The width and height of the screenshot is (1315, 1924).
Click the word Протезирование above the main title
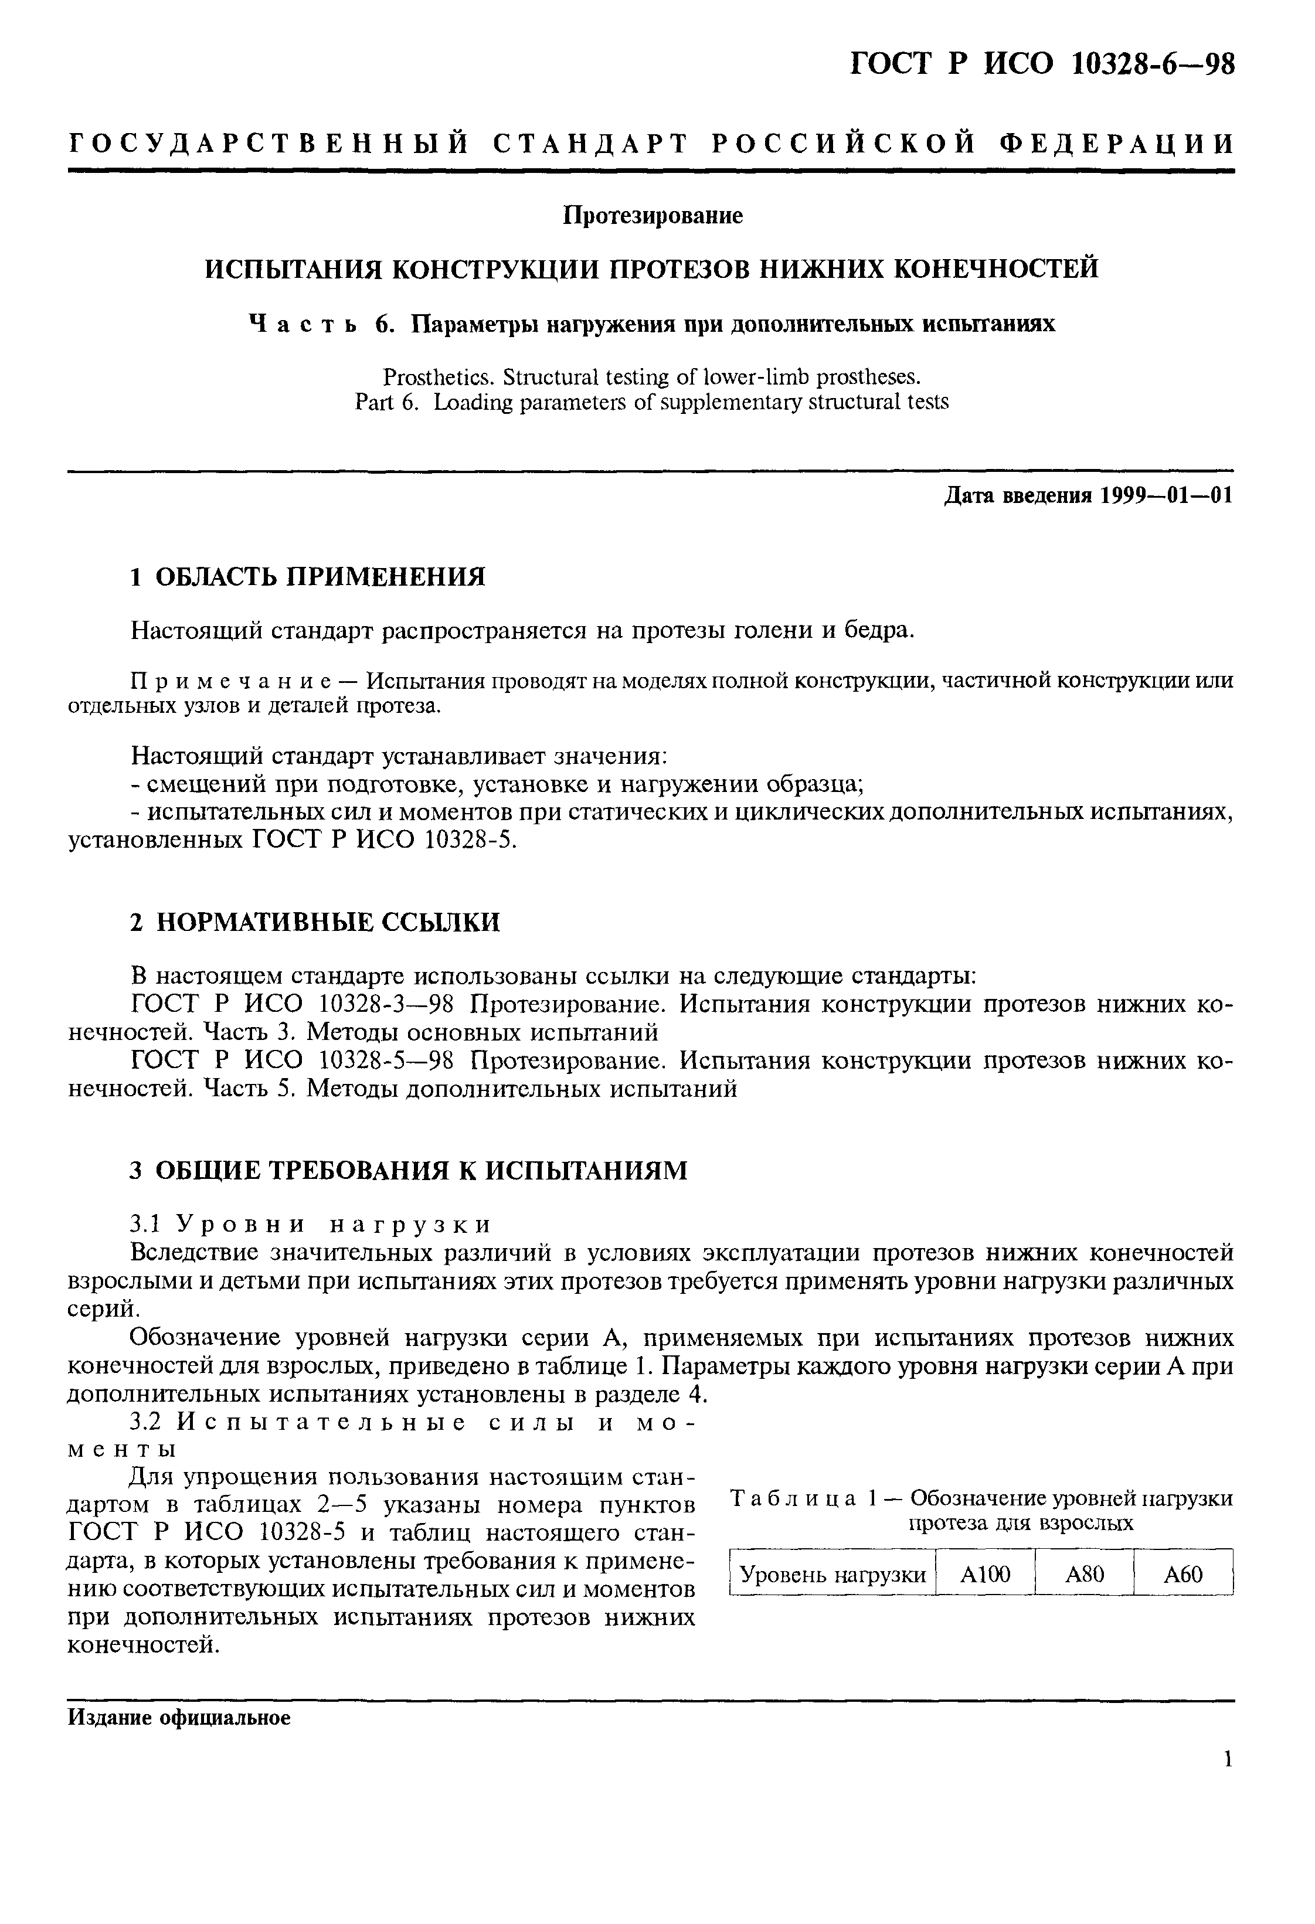(653, 216)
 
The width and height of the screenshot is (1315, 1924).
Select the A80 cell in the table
(1084, 1574)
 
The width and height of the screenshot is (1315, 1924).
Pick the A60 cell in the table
(1183, 1574)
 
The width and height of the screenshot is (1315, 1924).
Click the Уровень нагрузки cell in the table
(833, 1574)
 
